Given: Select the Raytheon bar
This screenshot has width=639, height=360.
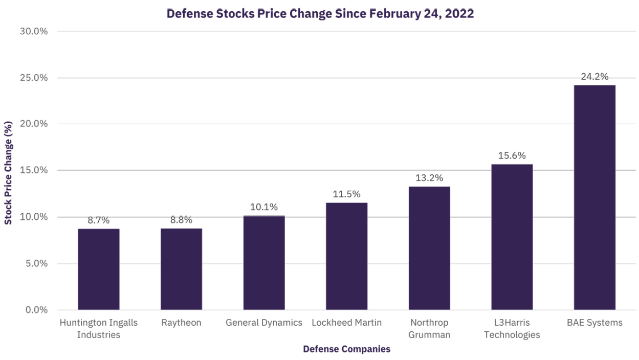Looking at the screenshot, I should [x=181, y=269].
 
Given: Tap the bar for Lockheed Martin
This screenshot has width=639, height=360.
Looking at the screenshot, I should [x=346, y=256].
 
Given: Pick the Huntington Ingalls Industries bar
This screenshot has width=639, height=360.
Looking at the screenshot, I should [x=99, y=269].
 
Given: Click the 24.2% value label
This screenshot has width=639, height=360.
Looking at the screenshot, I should [x=594, y=77].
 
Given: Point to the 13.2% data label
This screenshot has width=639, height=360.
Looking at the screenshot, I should [x=429, y=178].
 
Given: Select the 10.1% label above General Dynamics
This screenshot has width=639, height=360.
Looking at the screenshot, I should [x=264, y=207].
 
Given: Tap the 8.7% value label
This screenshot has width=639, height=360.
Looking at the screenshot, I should [x=99, y=220].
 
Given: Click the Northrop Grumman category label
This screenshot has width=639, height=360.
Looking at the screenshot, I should [x=429, y=329].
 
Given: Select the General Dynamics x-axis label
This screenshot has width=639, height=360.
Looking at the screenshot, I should [x=264, y=323].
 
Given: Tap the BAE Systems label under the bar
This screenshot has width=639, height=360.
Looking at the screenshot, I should [x=594, y=323].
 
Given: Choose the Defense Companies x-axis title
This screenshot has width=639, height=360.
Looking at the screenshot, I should [x=346, y=349].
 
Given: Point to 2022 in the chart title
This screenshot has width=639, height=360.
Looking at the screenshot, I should [x=460, y=14].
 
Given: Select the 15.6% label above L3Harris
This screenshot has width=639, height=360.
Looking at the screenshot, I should [x=512, y=156].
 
